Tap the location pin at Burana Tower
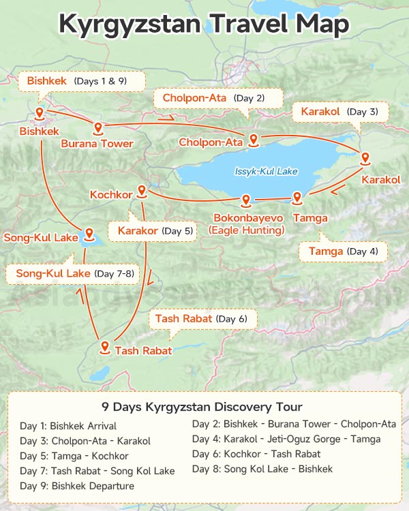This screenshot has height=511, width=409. click(97, 127)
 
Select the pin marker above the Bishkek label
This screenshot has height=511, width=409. click(40, 113)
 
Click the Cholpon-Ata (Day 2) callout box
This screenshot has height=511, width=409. click(213, 98)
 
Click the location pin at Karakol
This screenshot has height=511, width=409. click(365, 159)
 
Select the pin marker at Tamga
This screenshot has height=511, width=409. click(297, 198)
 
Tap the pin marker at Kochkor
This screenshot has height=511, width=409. click(142, 191)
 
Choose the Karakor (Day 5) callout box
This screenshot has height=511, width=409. click(155, 231)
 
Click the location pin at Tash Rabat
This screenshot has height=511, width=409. click(104, 347)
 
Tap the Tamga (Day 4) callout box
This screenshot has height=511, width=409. click(343, 251)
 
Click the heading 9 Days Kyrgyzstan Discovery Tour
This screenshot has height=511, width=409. click(202, 407)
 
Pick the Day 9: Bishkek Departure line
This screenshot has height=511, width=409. click(77, 486)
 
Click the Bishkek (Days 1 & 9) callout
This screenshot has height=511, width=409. click(82, 81)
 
